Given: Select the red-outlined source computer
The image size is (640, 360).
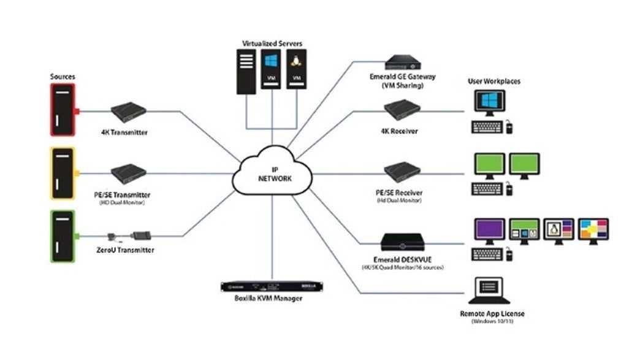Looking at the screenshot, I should [62, 110].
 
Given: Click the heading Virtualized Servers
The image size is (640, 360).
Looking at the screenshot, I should [272, 44].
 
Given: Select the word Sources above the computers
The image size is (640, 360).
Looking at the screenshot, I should [61, 77].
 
